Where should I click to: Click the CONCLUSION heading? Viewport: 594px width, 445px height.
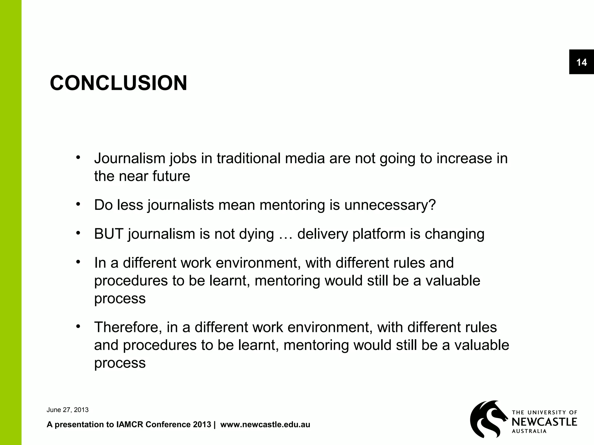point(118,83)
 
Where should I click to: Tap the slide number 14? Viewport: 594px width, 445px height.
point(581,62)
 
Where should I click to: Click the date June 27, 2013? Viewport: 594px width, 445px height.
point(67,410)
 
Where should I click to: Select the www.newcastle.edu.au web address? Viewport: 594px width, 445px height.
point(265,425)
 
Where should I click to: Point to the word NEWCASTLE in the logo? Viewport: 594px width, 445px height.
point(544,422)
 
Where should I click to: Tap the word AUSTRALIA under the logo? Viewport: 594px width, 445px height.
point(529,431)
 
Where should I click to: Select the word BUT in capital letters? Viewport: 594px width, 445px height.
point(109,234)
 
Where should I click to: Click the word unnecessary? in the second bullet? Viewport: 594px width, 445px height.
point(390,205)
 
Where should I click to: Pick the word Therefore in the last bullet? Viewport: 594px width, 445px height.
point(128,327)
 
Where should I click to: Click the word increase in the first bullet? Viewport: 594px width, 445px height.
point(464,158)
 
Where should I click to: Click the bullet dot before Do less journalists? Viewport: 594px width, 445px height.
point(78,204)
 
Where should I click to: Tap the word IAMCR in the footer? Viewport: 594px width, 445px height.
point(130,425)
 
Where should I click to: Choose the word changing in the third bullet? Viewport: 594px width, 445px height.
point(454,234)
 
